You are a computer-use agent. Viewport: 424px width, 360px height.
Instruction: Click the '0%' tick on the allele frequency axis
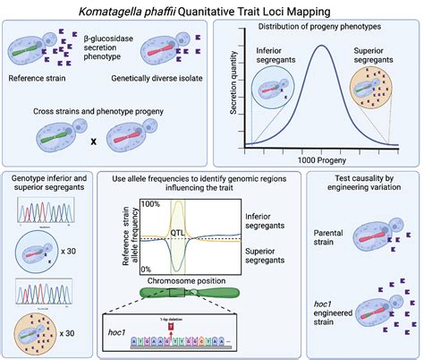[152, 268]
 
